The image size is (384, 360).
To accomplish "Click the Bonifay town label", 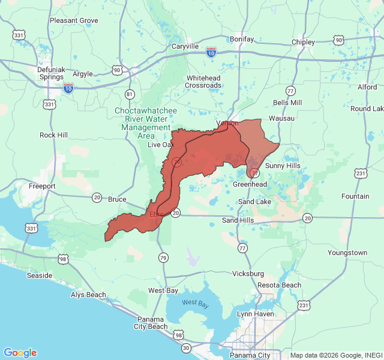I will [242, 39].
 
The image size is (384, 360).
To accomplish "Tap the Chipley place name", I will [303, 42].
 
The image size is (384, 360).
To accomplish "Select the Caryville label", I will [185, 46].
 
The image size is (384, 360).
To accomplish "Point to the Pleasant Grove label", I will [74, 20].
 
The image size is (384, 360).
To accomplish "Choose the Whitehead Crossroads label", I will [203, 82].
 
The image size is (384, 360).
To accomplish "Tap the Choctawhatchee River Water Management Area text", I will [146, 123].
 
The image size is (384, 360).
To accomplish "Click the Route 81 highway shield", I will [130, 94].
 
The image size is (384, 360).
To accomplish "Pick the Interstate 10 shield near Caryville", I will [211, 52].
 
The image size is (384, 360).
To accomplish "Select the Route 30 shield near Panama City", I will [186, 348].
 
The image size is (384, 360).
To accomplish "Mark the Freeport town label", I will [42, 186].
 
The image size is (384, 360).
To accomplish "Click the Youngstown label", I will [347, 253].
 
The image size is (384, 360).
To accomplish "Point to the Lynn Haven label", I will [256, 314].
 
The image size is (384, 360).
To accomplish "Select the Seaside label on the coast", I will [40, 275].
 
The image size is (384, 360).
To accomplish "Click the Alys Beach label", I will [88, 295].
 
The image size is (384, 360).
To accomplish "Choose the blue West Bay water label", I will [196, 304].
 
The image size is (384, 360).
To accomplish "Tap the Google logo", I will [20, 353].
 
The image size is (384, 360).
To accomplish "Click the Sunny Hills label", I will [283, 166].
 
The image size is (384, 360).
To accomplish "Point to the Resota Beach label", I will [279, 284].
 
